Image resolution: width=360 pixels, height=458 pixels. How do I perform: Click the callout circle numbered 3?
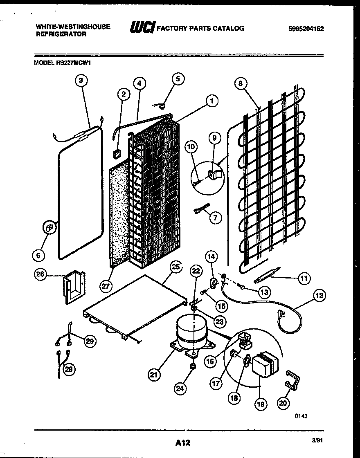point(81,81)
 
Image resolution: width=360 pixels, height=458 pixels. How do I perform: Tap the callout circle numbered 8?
point(241,83)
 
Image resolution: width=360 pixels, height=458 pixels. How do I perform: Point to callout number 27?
point(106,286)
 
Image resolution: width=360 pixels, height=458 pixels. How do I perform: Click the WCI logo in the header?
point(142,28)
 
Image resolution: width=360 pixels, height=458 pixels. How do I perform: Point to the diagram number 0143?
point(301,415)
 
